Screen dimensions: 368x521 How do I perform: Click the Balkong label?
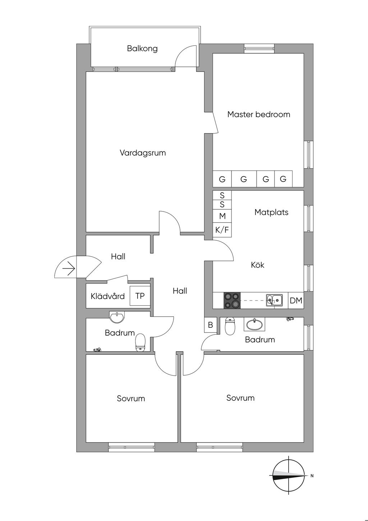pyautogui.click(x=142, y=48)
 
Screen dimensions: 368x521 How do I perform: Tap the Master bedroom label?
pyautogui.click(x=259, y=114)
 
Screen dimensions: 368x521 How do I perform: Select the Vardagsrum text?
pyautogui.click(x=143, y=153)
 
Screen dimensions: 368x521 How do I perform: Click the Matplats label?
pyautogui.click(x=271, y=212)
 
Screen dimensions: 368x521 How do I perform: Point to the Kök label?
pyautogui.click(x=257, y=265)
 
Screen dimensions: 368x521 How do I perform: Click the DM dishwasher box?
pyautogui.click(x=296, y=300)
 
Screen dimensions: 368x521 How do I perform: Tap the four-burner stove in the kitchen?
pyautogui.click(x=232, y=300)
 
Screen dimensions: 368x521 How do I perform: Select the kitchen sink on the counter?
pyautogui.click(x=274, y=300)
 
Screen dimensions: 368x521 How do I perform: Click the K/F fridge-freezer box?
pyautogui.click(x=222, y=230)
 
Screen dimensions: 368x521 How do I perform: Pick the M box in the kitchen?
pyautogui.click(x=222, y=216)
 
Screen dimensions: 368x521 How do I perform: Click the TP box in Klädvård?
pyautogui.click(x=140, y=296)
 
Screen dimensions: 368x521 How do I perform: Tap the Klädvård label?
pyautogui.click(x=107, y=296)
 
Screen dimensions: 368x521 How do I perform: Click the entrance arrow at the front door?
pyautogui.click(x=69, y=269)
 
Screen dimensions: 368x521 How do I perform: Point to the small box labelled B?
pyautogui.click(x=211, y=325)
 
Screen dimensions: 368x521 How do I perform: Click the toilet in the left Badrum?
pyautogui.click(x=140, y=342)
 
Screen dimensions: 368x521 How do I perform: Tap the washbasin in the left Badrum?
pyautogui.click(x=117, y=317)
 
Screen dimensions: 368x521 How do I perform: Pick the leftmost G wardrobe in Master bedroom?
pyautogui.click(x=222, y=179)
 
